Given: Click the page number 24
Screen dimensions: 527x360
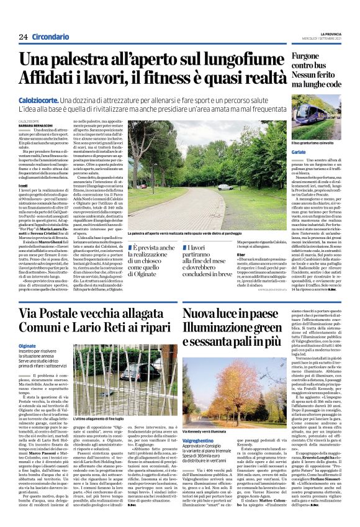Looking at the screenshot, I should pos(23,37).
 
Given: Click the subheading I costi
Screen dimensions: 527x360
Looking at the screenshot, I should pos(24,186).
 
